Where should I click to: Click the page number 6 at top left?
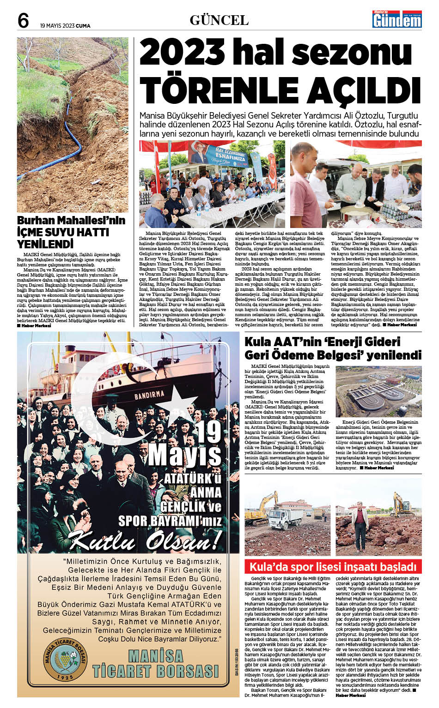(x=23, y=21)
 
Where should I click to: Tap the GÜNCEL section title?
(x=219, y=20)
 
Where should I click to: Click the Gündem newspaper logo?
(x=397, y=20)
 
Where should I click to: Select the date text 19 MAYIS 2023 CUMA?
(x=65, y=26)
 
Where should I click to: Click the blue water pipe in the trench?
(x=69, y=138)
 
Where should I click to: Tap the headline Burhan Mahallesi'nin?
(x=71, y=220)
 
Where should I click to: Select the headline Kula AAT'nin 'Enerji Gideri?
(x=322, y=342)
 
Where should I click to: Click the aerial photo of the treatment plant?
(x=378, y=391)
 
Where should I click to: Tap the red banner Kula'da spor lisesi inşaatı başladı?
(x=333, y=567)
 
